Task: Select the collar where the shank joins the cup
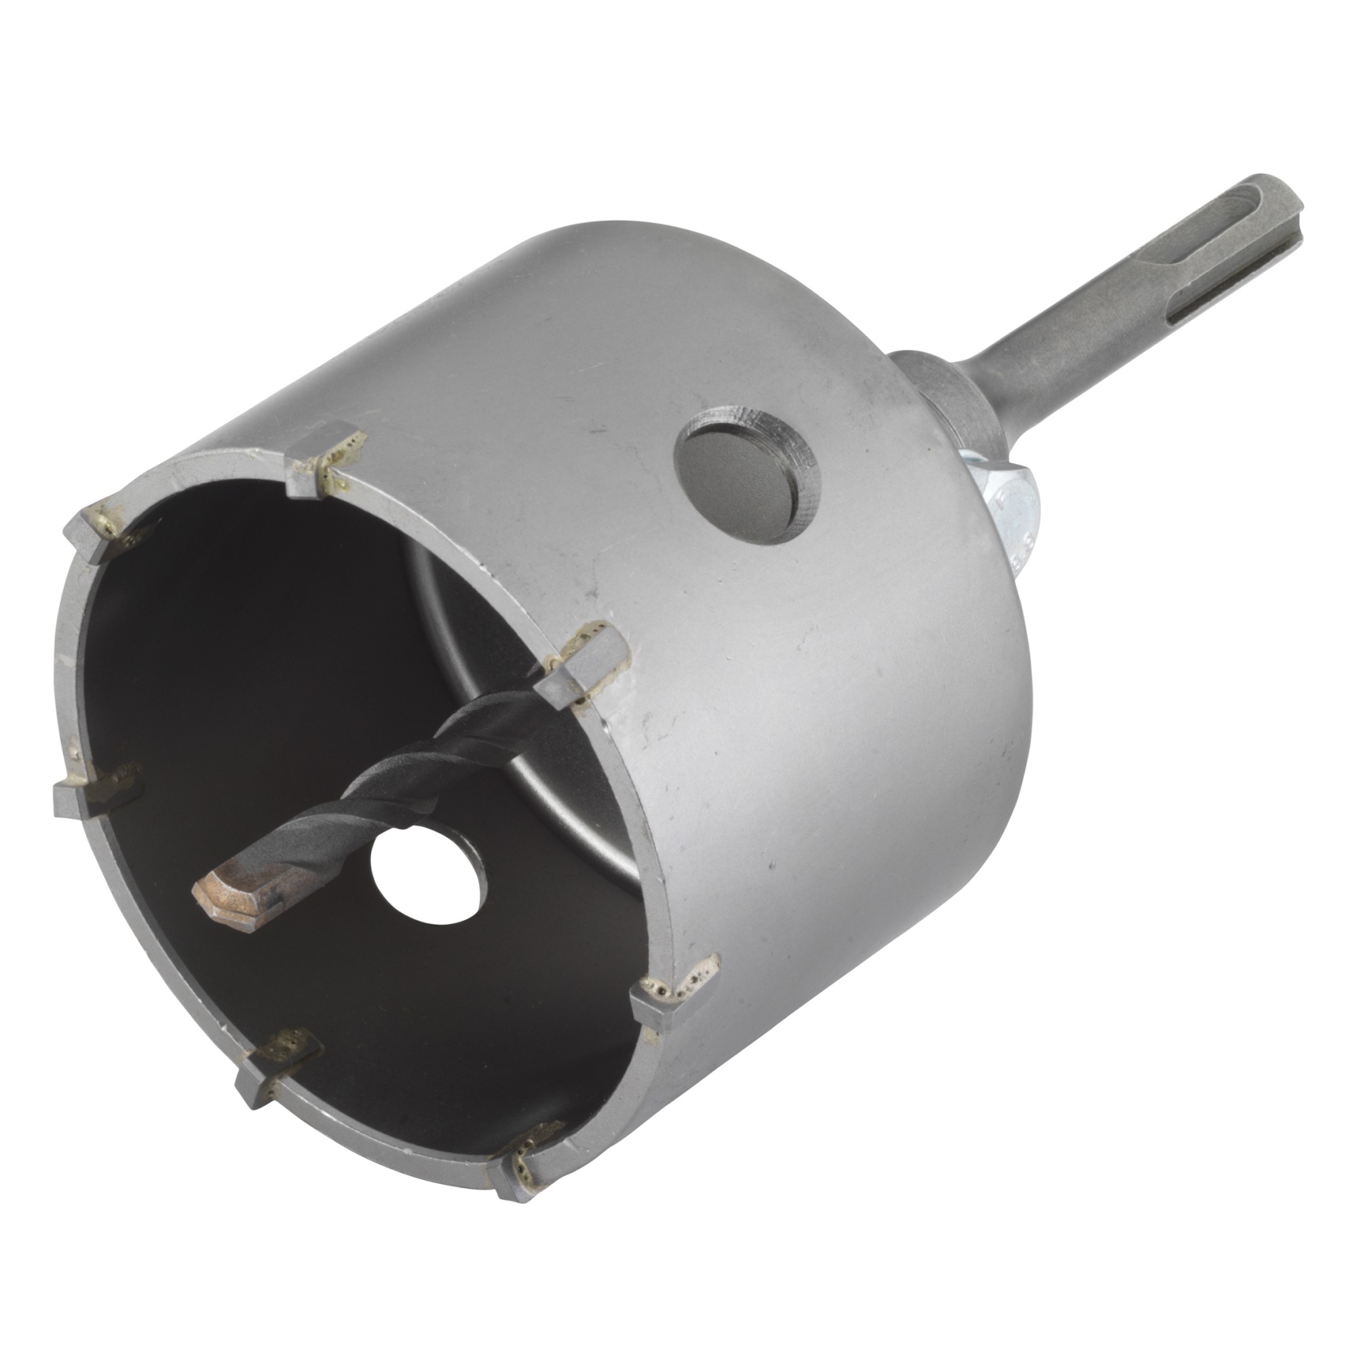pos(941,394)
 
